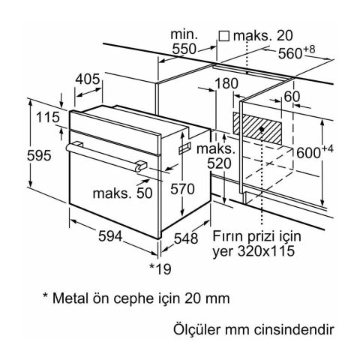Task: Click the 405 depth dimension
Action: pyautogui.click(x=88, y=79)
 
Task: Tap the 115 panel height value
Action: pyautogui.click(x=48, y=117)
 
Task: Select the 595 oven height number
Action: pyautogui.click(x=39, y=155)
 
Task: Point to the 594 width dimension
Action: pyautogui.click(x=110, y=236)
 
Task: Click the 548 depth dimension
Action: pyautogui.click(x=186, y=238)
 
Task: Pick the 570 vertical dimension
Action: pyautogui.click(x=182, y=189)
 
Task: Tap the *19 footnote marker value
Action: pyautogui.click(x=160, y=268)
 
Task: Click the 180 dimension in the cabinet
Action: pyautogui.click(x=226, y=83)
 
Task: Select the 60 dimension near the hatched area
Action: pyautogui.click(x=292, y=96)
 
